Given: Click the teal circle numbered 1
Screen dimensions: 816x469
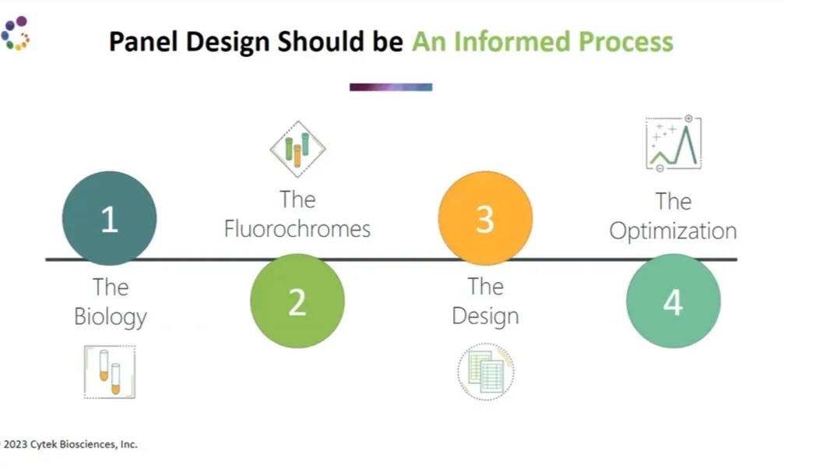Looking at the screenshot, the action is pyautogui.click(x=109, y=218).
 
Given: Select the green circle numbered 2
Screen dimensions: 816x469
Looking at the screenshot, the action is pyautogui.click(x=297, y=301).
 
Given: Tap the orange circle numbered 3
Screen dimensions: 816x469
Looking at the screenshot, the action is pyautogui.click(x=485, y=218).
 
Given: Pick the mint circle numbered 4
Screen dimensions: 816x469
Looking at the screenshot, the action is pyautogui.click(x=674, y=301).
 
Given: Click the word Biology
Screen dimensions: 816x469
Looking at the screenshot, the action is pyautogui.click(x=111, y=317).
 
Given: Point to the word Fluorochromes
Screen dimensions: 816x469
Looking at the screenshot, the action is pyautogui.click(x=297, y=229).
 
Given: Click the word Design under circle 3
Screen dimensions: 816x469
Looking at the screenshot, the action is pyautogui.click(x=486, y=316).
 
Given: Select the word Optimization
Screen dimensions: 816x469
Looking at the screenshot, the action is pyautogui.click(x=673, y=231).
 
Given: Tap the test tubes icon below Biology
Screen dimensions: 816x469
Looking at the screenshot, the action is pyautogui.click(x=110, y=372).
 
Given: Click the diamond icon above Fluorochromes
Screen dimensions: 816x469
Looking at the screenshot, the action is pyautogui.click(x=297, y=149).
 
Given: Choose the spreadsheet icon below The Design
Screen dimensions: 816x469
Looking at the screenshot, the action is pyautogui.click(x=486, y=372).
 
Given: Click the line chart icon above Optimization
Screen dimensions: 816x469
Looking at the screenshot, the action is pyautogui.click(x=674, y=143).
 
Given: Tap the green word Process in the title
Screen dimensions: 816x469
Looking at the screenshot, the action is pyautogui.click(x=626, y=41).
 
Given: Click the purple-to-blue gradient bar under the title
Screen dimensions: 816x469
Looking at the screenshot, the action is pyautogui.click(x=391, y=87).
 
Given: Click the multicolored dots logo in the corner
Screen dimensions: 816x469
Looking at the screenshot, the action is pyautogui.click(x=15, y=33).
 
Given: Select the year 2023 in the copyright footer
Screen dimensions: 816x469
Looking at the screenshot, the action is pyautogui.click(x=15, y=445).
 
